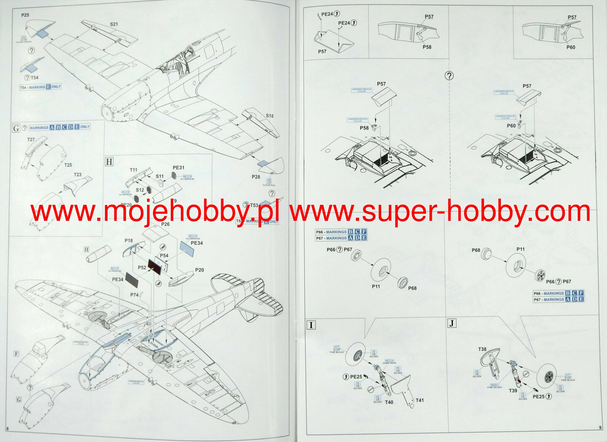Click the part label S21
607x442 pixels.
[x=114, y=24]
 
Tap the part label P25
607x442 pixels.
[x=25, y=15]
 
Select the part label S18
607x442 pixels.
[x=269, y=116]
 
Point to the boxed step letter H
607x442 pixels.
[x=109, y=162]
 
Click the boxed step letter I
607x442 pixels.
[x=311, y=325]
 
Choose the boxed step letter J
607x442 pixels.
[x=451, y=323]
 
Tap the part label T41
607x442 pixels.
[x=420, y=400]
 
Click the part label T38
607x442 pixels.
[x=482, y=349]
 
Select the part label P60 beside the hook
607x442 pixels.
[x=511, y=126]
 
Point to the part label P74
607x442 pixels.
[x=134, y=295]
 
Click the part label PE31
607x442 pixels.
[x=178, y=167]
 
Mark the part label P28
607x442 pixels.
[x=256, y=177]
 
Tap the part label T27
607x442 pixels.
[x=31, y=139]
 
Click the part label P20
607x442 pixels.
[x=199, y=270]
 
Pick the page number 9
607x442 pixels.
[x=600, y=427]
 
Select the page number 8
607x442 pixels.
[x=7, y=429]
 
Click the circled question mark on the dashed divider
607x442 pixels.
[x=449, y=76]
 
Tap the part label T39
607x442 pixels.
[x=513, y=391]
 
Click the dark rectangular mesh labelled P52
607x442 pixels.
[x=155, y=266]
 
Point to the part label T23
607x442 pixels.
[x=78, y=175]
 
